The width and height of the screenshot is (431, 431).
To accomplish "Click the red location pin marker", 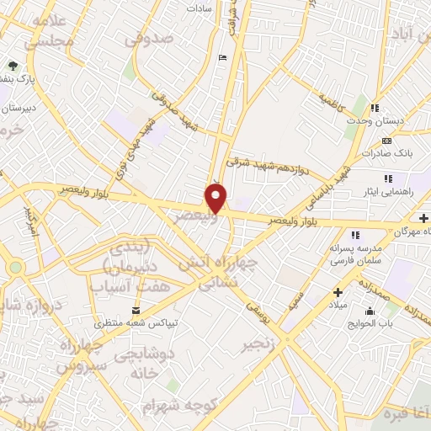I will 217,197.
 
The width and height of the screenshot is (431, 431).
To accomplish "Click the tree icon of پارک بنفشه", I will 12,65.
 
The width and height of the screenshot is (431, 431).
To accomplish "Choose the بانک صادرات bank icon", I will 387,141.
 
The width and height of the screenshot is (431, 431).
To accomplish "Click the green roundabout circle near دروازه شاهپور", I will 15,267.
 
